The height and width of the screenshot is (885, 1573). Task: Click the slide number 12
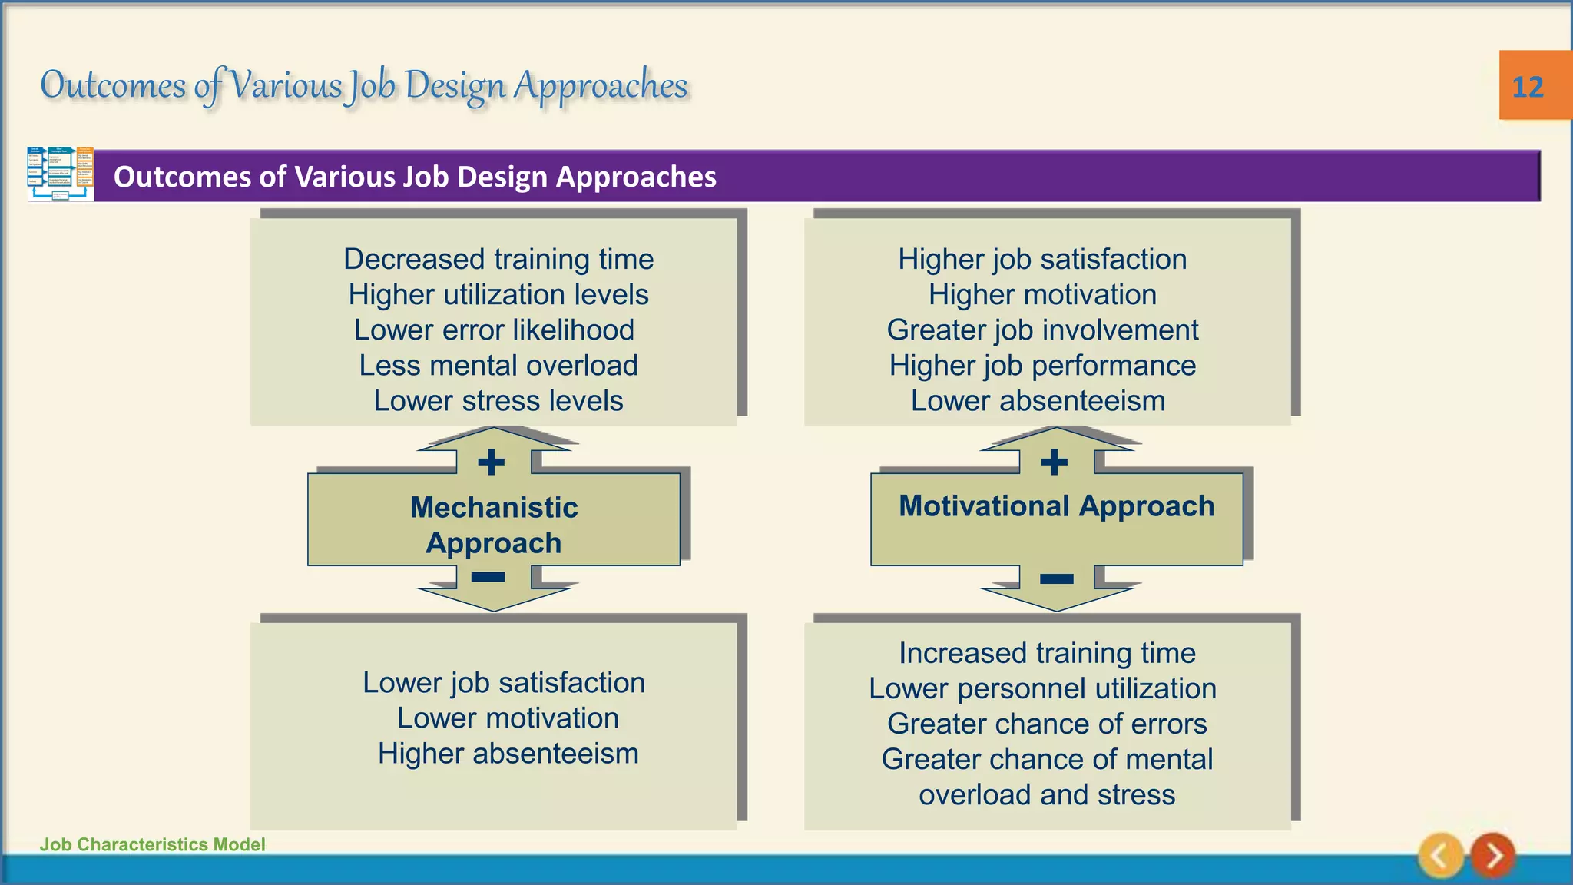(x=1527, y=87)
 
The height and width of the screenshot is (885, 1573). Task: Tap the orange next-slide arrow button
(x=1492, y=855)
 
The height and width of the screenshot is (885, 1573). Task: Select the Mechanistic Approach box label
(x=494, y=525)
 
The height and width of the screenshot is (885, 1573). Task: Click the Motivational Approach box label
(x=1056, y=506)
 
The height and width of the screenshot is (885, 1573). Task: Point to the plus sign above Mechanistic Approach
(x=492, y=462)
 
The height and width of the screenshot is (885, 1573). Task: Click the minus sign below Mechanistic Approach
(x=488, y=577)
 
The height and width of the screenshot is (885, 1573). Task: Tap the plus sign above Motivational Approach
(x=1055, y=462)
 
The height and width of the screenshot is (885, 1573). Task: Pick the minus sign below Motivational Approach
(x=1057, y=578)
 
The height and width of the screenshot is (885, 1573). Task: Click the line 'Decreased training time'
(x=498, y=260)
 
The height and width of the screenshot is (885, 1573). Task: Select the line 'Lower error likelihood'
(x=494, y=330)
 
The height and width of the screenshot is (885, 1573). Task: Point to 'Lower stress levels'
(x=498, y=401)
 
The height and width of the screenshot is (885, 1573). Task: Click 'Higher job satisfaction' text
(x=1042, y=260)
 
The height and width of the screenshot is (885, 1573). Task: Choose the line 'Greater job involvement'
(x=1042, y=330)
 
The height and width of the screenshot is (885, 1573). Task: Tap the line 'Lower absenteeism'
(x=1038, y=401)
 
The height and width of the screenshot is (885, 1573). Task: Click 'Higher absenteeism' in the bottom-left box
(x=508, y=754)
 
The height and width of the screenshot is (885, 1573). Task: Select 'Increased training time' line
(x=1047, y=653)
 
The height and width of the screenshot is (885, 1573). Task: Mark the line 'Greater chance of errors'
(x=1047, y=724)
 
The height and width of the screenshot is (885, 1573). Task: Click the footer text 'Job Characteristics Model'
(x=152, y=844)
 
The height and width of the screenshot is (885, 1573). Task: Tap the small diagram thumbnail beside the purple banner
(x=61, y=174)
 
